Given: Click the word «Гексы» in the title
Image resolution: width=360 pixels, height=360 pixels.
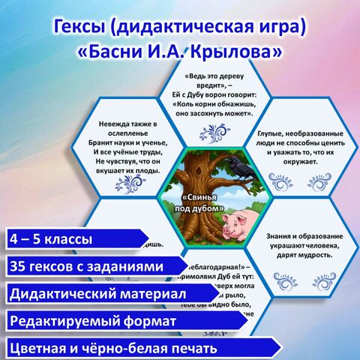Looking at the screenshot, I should [x=83, y=28].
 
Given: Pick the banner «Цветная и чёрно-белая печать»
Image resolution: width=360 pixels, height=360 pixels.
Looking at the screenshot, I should [x=112, y=348].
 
